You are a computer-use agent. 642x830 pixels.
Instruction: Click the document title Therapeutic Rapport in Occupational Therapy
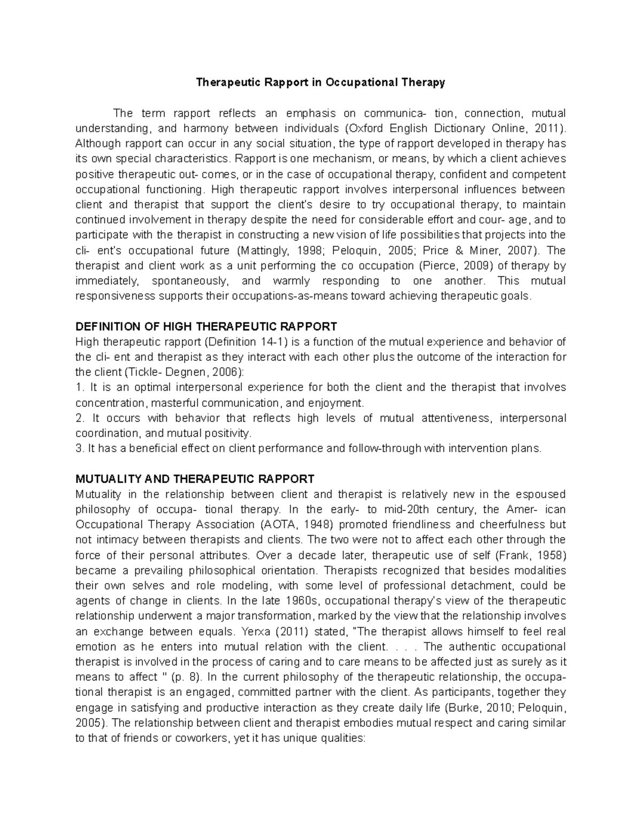point(320,82)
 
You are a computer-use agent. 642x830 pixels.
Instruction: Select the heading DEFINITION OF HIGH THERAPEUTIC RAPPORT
point(206,327)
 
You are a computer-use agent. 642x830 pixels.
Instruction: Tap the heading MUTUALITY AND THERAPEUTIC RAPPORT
point(195,478)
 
